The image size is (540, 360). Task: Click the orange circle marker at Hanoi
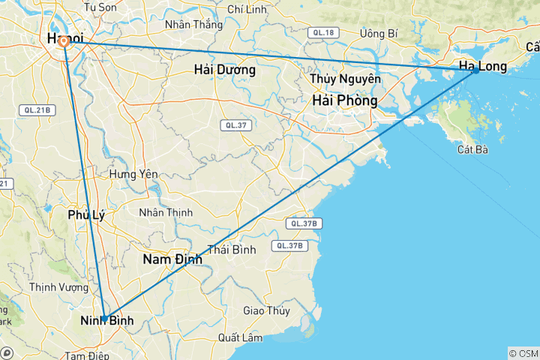point(64,42)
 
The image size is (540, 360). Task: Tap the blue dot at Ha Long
point(475,70)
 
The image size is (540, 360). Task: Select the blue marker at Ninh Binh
point(104,319)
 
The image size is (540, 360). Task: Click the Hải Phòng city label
point(345,100)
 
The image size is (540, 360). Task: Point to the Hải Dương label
point(224,70)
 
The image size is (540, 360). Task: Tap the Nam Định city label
point(172,259)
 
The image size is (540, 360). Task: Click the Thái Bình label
point(232,249)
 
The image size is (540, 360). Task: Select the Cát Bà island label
point(472,150)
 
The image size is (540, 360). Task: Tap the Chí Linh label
point(247,9)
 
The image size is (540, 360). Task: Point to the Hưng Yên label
point(133,174)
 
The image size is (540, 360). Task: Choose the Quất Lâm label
point(240,337)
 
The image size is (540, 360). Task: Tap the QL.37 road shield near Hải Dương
point(235,125)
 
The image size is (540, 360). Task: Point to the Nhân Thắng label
point(193,24)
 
